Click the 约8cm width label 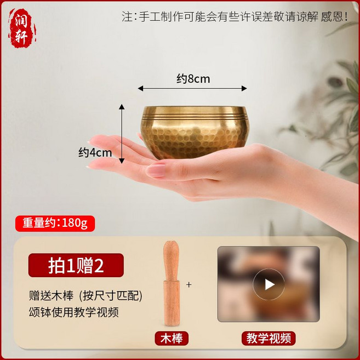(193, 79)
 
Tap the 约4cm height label (95, 152)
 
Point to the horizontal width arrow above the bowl (192, 88)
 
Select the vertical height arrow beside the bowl (122, 133)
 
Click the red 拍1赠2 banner (76, 266)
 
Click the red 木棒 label (172, 339)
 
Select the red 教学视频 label (268, 339)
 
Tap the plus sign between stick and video (190, 285)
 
